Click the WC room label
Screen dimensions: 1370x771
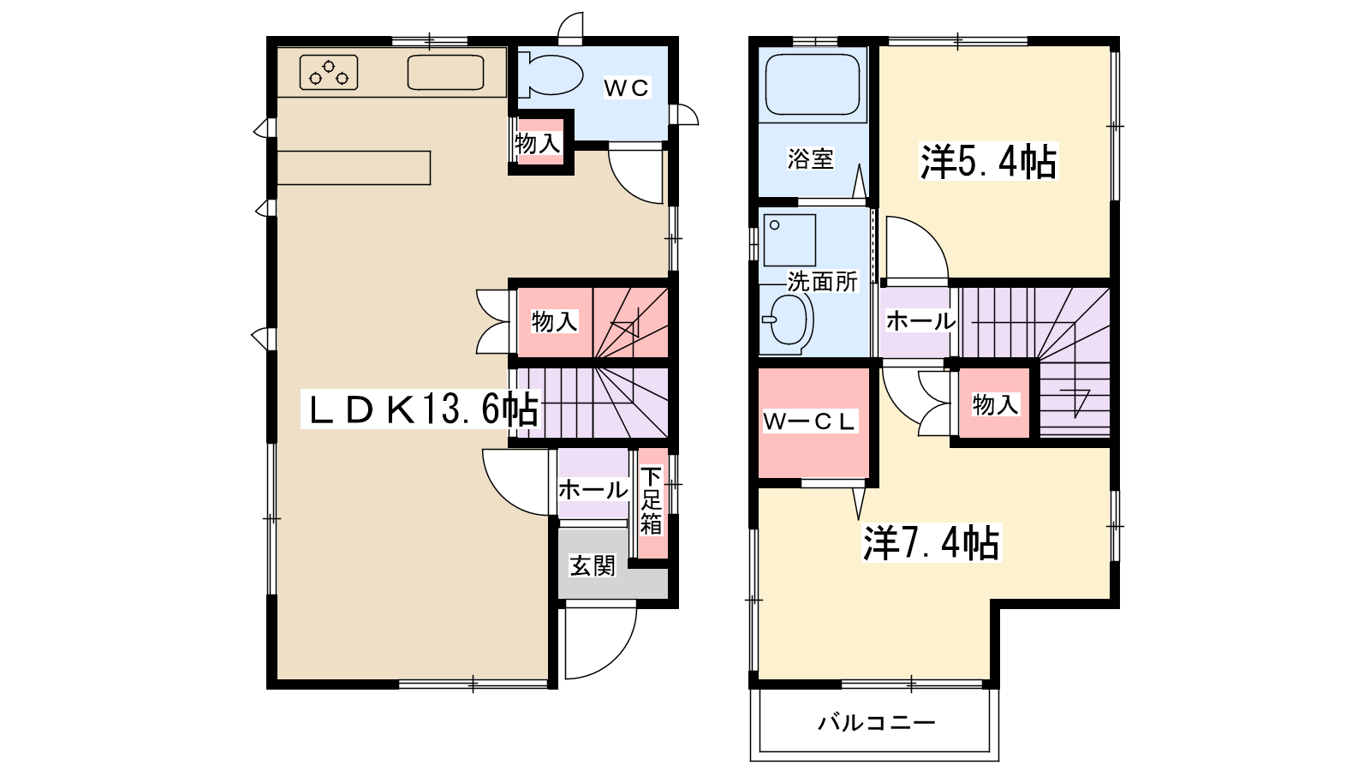(x=626, y=88)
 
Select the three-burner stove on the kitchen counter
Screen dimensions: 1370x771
(x=329, y=72)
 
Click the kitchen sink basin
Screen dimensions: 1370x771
(x=445, y=72)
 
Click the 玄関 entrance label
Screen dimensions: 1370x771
(x=592, y=566)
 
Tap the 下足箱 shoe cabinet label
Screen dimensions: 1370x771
(x=652, y=500)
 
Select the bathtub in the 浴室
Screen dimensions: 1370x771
(x=813, y=85)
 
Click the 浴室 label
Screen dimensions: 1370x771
(x=810, y=159)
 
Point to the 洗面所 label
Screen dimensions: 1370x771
(x=823, y=282)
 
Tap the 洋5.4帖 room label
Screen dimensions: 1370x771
(x=988, y=162)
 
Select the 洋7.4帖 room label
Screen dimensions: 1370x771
(x=932, y=543)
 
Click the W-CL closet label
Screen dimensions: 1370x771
(x=809, y=421)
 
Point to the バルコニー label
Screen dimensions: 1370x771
(x=877, y=723)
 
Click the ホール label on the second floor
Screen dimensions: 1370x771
(x=920, y=320)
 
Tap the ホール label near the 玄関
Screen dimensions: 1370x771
(x=593, y=489)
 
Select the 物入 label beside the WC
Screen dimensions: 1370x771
(x=538, y=144)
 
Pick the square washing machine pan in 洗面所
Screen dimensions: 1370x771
(x=789, y=240)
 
